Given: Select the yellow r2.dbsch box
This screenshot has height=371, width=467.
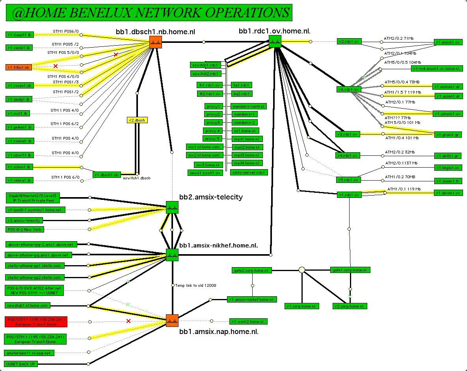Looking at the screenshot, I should pos(137,120).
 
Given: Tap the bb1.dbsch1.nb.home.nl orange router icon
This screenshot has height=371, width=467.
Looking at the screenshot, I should pos(156,42).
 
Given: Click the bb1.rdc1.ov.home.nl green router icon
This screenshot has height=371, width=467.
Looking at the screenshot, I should pos(275,41).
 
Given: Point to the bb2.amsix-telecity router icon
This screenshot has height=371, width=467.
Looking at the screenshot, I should pos(172,207).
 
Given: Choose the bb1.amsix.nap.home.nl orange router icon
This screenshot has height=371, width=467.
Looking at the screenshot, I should pos(172,321).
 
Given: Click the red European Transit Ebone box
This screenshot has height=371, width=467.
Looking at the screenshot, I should pos(36,321).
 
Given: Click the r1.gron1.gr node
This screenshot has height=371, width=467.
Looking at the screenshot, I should pos(448,135).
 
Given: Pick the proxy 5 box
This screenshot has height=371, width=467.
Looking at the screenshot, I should pos(213,138).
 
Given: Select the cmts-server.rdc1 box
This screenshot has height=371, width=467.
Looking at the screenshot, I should pos(249,172).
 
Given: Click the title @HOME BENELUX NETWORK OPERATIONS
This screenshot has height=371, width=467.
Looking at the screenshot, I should pos(149,13).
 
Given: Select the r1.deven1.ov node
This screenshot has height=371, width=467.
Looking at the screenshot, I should pos(448,193).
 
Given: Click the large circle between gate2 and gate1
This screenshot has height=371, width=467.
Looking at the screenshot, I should pos(301,270).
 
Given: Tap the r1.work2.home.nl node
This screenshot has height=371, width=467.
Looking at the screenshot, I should pos(248,321).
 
